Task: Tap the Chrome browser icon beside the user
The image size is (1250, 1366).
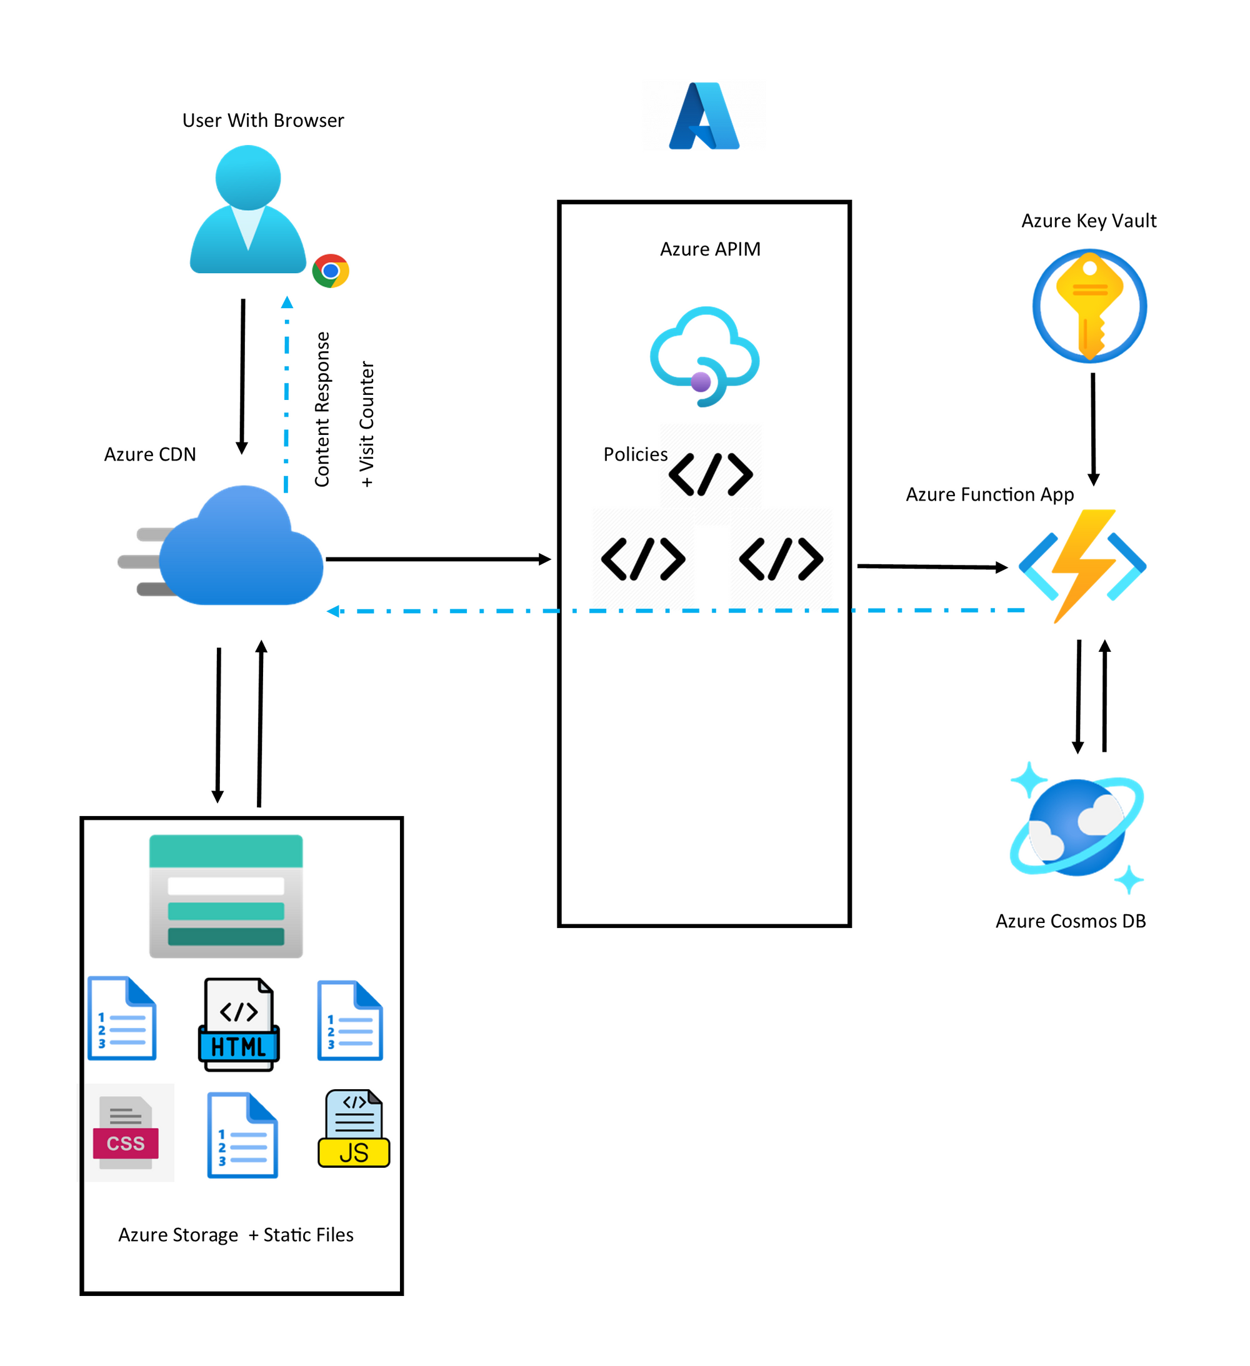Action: [330, 271]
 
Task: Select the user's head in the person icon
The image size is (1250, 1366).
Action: [248, 177]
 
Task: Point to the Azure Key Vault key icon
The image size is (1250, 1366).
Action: [1089, 306]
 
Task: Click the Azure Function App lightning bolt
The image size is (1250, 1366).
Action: [1082, 566]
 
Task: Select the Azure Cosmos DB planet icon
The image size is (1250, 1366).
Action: [1076, 828]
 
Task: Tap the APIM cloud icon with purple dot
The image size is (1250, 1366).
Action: [704, 357]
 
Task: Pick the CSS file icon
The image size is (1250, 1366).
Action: [126, 1132]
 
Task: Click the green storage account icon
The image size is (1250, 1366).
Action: [226, 895]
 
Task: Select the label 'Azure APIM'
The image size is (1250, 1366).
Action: [710, 249]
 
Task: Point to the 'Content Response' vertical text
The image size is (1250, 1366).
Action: [322, 409]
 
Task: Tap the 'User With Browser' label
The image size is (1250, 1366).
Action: [263, 121]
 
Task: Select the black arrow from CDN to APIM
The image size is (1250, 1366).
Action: [437, 560]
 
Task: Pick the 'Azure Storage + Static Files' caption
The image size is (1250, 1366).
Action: [236, 1235]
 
